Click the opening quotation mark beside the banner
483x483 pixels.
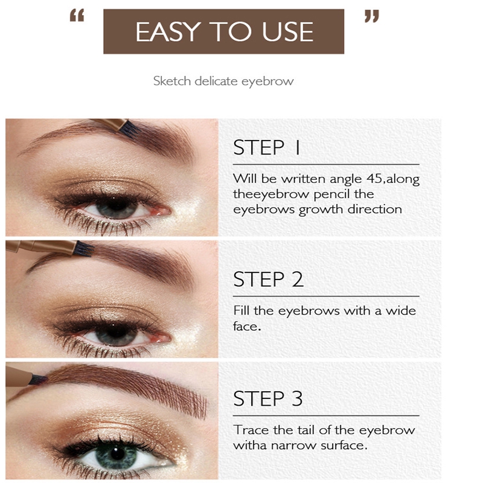tap(77, 16)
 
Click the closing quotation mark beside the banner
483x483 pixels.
tap(372, 16)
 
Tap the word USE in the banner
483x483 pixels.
tap(287, 31)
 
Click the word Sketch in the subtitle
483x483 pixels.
tap(172, 81)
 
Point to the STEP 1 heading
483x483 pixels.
tap(267, 147)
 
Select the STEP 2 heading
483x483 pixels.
tap(268, 279)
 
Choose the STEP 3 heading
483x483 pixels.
tap(268, 398)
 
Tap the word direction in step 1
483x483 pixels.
tap(374, 209)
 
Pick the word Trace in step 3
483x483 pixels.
tap(251, 430)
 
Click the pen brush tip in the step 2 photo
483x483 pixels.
tap(83, 249)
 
